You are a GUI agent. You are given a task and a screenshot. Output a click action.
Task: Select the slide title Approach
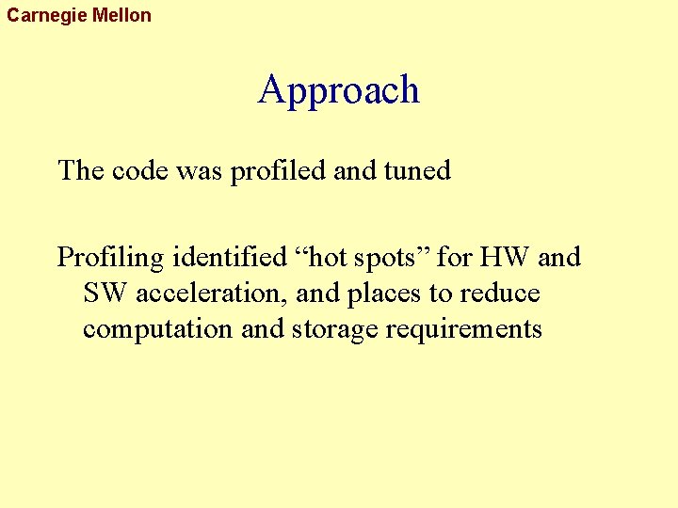[338, 90]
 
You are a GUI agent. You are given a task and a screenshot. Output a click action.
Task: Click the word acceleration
[212, 294]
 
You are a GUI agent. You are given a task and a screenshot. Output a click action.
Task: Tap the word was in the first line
[199, 171]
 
